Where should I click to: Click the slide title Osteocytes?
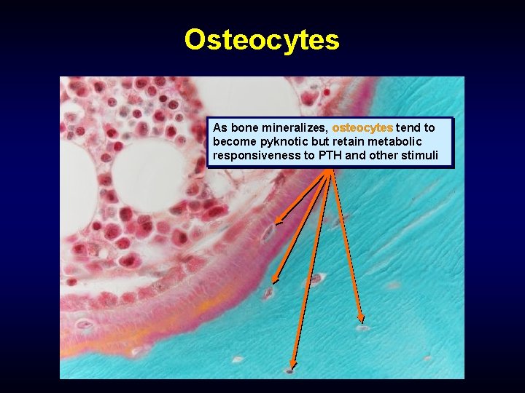click(x=262, y=39)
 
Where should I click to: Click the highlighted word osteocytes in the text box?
click(x=362, y=127)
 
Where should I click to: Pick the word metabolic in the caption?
click(x=405, y=142)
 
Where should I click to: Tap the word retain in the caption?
click(x=360, y=142)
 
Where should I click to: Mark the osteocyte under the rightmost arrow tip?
click(x=362, y=328)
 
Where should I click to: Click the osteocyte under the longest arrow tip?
click(x=290, y=371)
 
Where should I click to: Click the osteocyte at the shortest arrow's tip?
click(x=269, y=232)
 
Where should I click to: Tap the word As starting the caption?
click(x=220, y=127)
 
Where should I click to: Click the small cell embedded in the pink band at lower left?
click(x=85, y=324)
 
